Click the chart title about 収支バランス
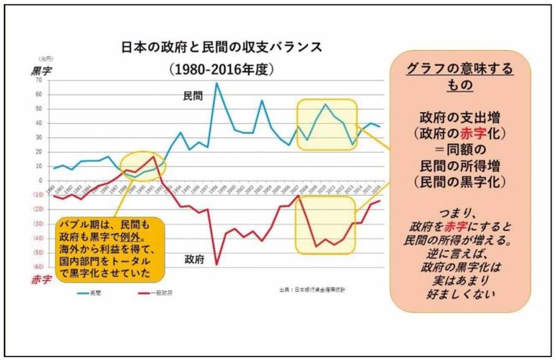[x=221, y=46]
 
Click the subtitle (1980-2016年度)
[x=221, y=69]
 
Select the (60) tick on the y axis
[x=36, y=266]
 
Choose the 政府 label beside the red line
[x=194, y=258]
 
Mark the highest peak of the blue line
[x=217, y=83]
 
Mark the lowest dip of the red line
[x=217, y=264]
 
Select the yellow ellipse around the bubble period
[x=142, y=165]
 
